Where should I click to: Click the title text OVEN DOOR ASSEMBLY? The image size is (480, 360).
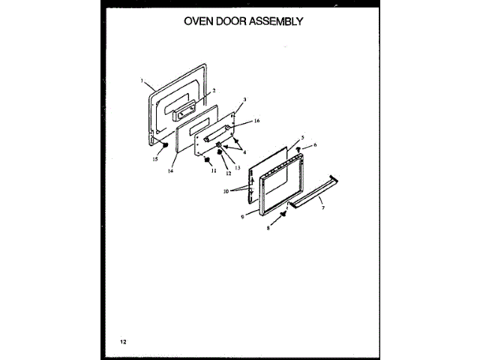point(243,21)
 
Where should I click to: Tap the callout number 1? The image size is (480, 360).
point(142,80)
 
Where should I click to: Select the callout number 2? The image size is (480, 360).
point(214,91)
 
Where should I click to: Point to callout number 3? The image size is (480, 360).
point(244,100)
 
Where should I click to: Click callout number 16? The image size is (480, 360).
point(256,121)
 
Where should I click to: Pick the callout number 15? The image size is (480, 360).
point(155,159)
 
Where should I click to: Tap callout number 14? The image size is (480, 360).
point(170,171)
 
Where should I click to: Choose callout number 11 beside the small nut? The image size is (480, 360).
point(213,171)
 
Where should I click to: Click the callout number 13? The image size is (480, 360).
point(237,168)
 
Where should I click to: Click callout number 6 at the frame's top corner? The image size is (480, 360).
point(316,145)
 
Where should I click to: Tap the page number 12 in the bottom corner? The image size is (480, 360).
point(123,342)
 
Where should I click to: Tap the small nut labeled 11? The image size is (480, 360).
point(209,159)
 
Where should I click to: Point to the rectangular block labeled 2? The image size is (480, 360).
point(184,112)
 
